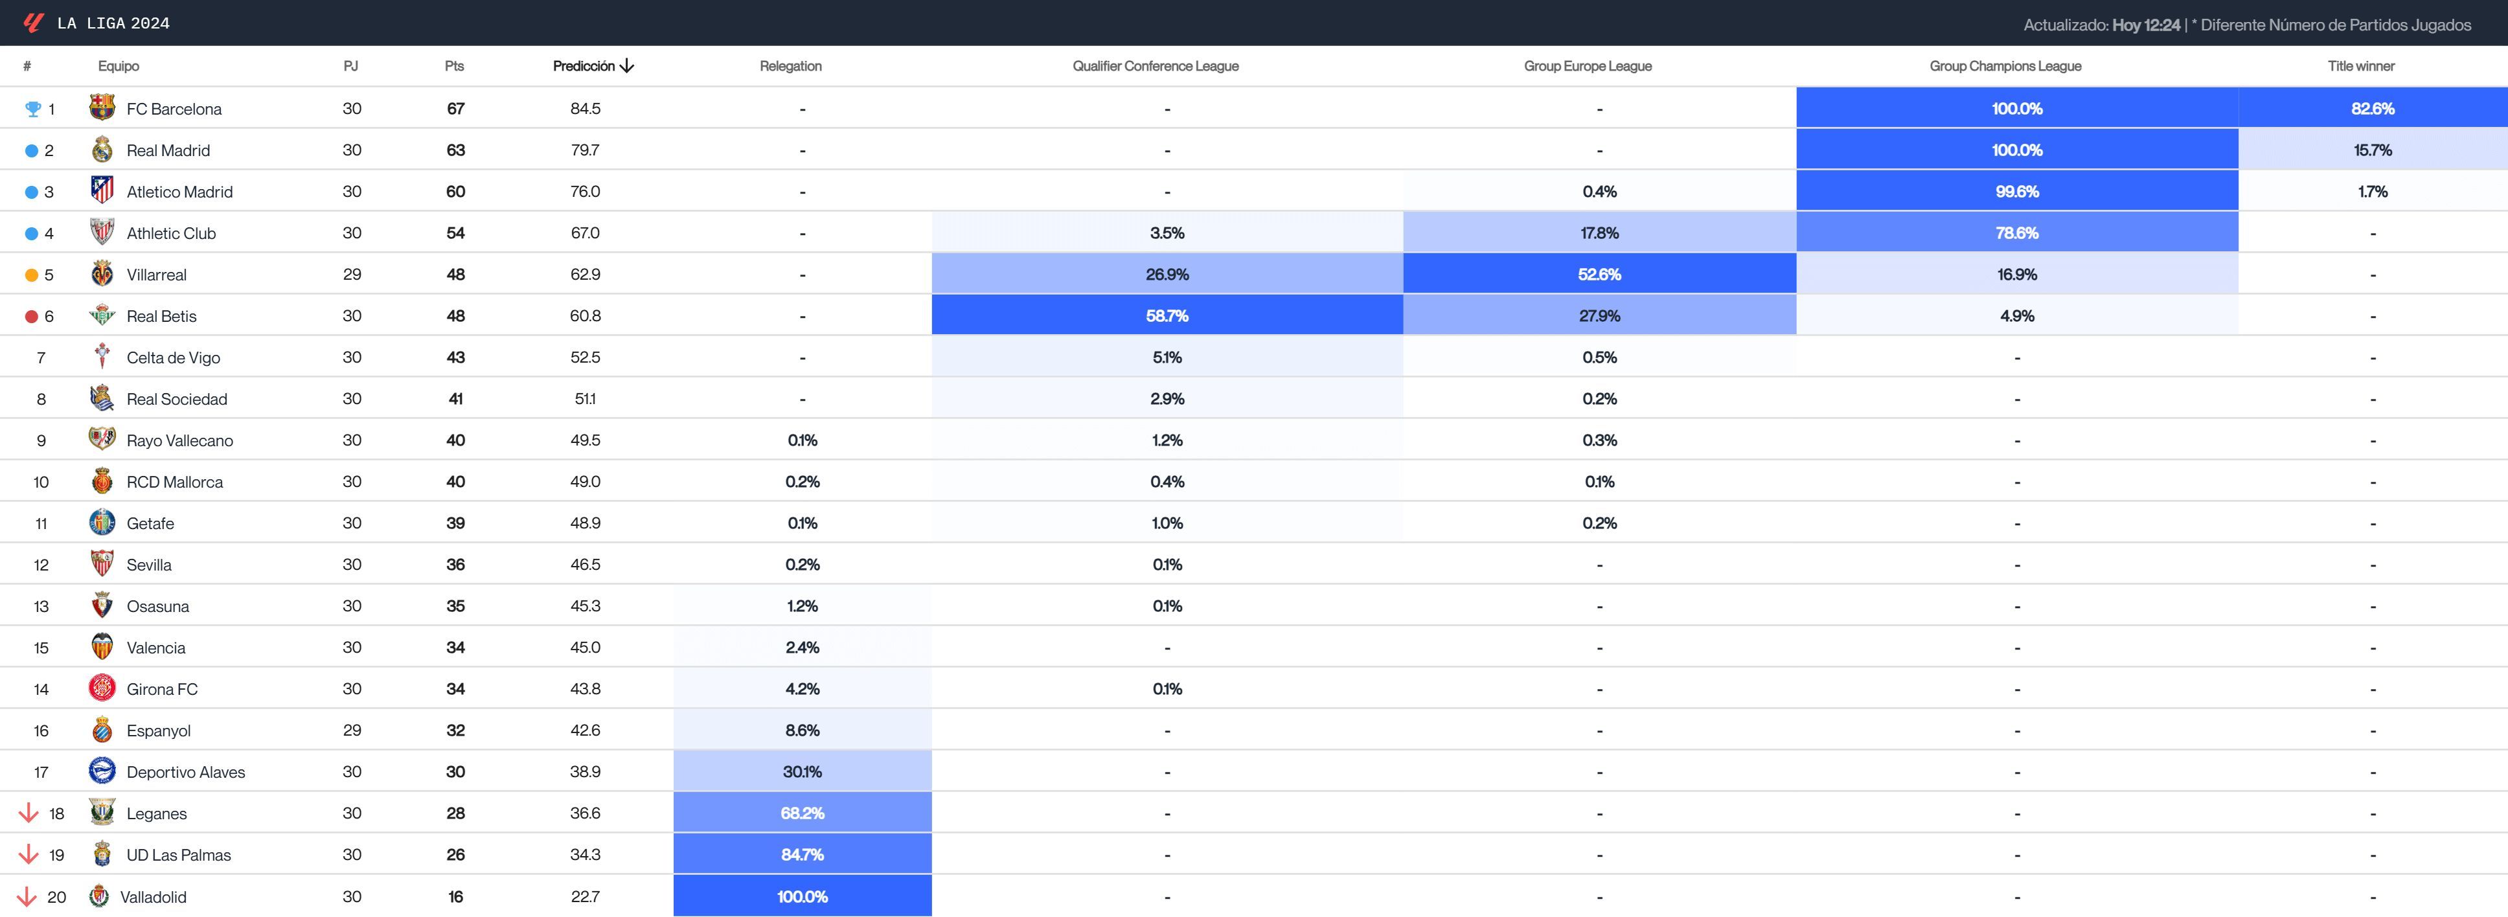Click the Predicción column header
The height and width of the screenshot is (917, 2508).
[593, 66]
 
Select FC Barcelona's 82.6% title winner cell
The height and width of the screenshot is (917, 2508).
[2372, 108]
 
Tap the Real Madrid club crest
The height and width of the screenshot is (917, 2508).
[102, 150]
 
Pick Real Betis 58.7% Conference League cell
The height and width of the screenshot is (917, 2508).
[1167, 315]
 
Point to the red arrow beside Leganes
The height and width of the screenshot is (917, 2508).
[28, 813]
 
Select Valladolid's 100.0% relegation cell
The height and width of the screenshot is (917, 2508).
[803, 896]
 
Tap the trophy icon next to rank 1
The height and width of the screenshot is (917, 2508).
[32, 109]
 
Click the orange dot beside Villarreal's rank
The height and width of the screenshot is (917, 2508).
[31, 275]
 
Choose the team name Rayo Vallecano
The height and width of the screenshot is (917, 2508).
[179, 440]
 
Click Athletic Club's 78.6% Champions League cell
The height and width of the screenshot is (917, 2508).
[2016, 232]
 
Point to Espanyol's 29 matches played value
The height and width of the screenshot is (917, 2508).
[352, 730]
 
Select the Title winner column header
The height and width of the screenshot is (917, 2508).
[2360, 66]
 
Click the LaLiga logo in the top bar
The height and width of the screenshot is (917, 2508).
[33, 23]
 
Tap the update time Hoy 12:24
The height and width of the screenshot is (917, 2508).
[2146, 25]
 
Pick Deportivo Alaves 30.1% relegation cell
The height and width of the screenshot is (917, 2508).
[803, 771]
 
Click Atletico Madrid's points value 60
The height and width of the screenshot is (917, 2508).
[455, 192]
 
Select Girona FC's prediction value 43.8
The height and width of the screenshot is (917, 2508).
[585, 688]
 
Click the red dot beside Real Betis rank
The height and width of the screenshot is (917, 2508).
[31, 317]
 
